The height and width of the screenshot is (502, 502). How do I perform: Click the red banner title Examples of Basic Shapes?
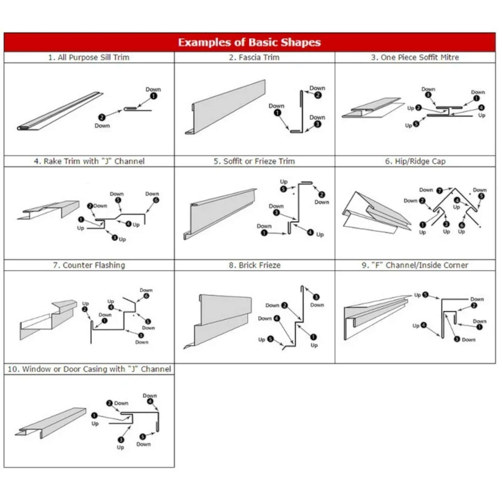[249, 42]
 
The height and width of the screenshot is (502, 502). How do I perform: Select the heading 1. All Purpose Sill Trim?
[89, 57]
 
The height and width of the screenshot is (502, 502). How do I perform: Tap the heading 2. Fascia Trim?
[254, 57]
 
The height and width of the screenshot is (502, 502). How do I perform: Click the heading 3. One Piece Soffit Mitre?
[415, 57]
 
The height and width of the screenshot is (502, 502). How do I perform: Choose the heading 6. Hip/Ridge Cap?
[415, 161]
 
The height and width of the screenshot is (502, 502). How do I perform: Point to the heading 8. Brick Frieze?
[254, 265]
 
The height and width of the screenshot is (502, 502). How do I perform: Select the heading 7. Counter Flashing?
[89, 265]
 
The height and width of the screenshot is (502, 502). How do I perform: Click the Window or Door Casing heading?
[89, 369]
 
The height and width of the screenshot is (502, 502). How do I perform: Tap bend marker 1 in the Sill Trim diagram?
[153, 96]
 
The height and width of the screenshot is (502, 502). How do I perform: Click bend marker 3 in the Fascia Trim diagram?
[318, 124]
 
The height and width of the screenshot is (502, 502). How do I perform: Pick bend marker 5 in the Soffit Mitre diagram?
[416, 124]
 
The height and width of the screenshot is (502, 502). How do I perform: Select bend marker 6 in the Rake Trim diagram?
[156, 200]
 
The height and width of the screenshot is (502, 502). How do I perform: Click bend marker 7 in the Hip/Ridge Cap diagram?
[440, 190]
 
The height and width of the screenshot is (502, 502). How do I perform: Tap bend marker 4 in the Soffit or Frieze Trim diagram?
[310, 232]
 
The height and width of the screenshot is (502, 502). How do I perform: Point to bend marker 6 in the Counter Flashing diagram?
[146, 296]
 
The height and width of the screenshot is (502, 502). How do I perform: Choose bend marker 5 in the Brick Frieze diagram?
[270, 339]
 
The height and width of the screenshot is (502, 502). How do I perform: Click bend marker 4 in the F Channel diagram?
[424, 325]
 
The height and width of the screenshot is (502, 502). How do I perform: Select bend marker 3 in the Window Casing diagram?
[121, 440]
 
